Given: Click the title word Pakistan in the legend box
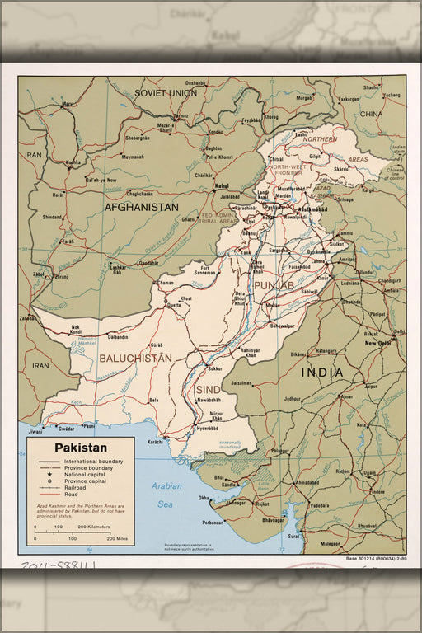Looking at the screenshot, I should (x=81, y=448).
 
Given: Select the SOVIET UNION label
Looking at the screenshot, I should (x=166, y=93).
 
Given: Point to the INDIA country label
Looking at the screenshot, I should (x=321, y=373).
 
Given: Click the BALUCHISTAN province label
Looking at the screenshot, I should (x=135, y=359).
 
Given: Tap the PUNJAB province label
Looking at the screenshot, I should (x=274, y=285).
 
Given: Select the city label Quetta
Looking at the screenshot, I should (x=174, y=305).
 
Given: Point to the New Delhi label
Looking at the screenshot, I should (x=378, y=343).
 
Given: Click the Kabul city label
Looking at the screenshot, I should (x=221, y=186).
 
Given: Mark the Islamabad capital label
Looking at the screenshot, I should (x=313, y=209).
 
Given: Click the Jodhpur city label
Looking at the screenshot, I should (x=293, y=398).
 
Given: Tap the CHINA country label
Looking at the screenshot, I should (x=370, y=113).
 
